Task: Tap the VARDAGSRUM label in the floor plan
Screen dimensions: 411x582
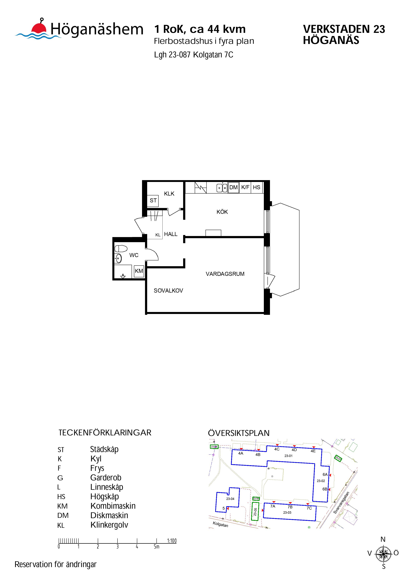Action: point(225,274)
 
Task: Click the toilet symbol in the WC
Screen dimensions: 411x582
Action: point(121,248)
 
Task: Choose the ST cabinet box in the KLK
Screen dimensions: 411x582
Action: point(153,201)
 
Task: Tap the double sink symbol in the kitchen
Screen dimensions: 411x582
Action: point(222,188)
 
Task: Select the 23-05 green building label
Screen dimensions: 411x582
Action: point(255,510)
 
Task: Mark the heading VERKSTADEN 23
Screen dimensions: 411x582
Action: point(344,29)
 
